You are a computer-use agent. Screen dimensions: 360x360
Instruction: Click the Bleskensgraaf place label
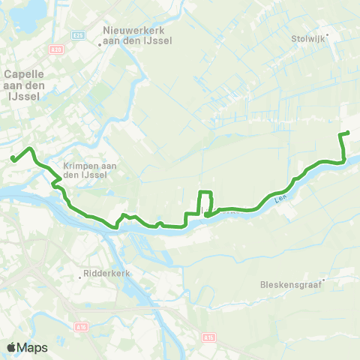[x=291, y=285]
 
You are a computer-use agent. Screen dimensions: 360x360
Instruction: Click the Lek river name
[x=280, y=199]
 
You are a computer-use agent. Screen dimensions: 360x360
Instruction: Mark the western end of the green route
[x=13, y=157]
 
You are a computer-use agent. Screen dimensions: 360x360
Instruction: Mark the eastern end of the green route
[x=349, y=133]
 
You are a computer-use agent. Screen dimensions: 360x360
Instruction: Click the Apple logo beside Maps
[x=12, y=347]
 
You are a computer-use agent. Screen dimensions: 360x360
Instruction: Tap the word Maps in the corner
[x=33, y=347]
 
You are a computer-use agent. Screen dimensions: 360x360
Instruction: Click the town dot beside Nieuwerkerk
[x=100, y=43]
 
